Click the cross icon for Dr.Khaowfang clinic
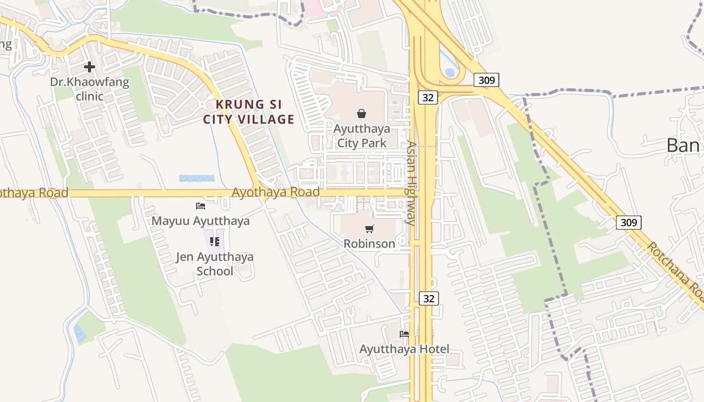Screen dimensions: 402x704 tap(90, 66)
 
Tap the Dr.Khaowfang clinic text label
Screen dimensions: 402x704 tap(90, 89)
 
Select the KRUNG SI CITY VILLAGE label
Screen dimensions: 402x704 tap(248, 112)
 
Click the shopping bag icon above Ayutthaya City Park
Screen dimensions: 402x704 tap(361, 114)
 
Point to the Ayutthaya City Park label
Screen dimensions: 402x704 tap(362, 136)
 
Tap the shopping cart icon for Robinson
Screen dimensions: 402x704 tap(370, 229)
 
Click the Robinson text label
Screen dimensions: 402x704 tap(370, 244)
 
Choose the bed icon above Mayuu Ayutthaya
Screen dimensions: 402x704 tap(201, 206)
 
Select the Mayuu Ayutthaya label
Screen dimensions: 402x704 tap(201, 221)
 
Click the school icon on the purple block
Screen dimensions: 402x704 tap(215, 242)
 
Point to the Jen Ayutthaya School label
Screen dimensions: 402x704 tap(215, 264)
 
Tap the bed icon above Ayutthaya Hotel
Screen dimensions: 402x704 tap(404, 334)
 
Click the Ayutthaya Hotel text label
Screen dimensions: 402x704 tap(404, 349)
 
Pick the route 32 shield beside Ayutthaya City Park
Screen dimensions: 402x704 tap(428, 97)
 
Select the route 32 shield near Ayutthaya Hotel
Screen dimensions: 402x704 tap(428, 298)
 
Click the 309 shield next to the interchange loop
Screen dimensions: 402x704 tap(486, 79)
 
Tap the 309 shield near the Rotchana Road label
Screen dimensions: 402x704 tap(629, 222)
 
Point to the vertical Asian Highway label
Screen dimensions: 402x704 tap(411, 183)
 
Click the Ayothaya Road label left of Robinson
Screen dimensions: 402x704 tap(276, 192)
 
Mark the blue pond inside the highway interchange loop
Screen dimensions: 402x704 tap(450, 72)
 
